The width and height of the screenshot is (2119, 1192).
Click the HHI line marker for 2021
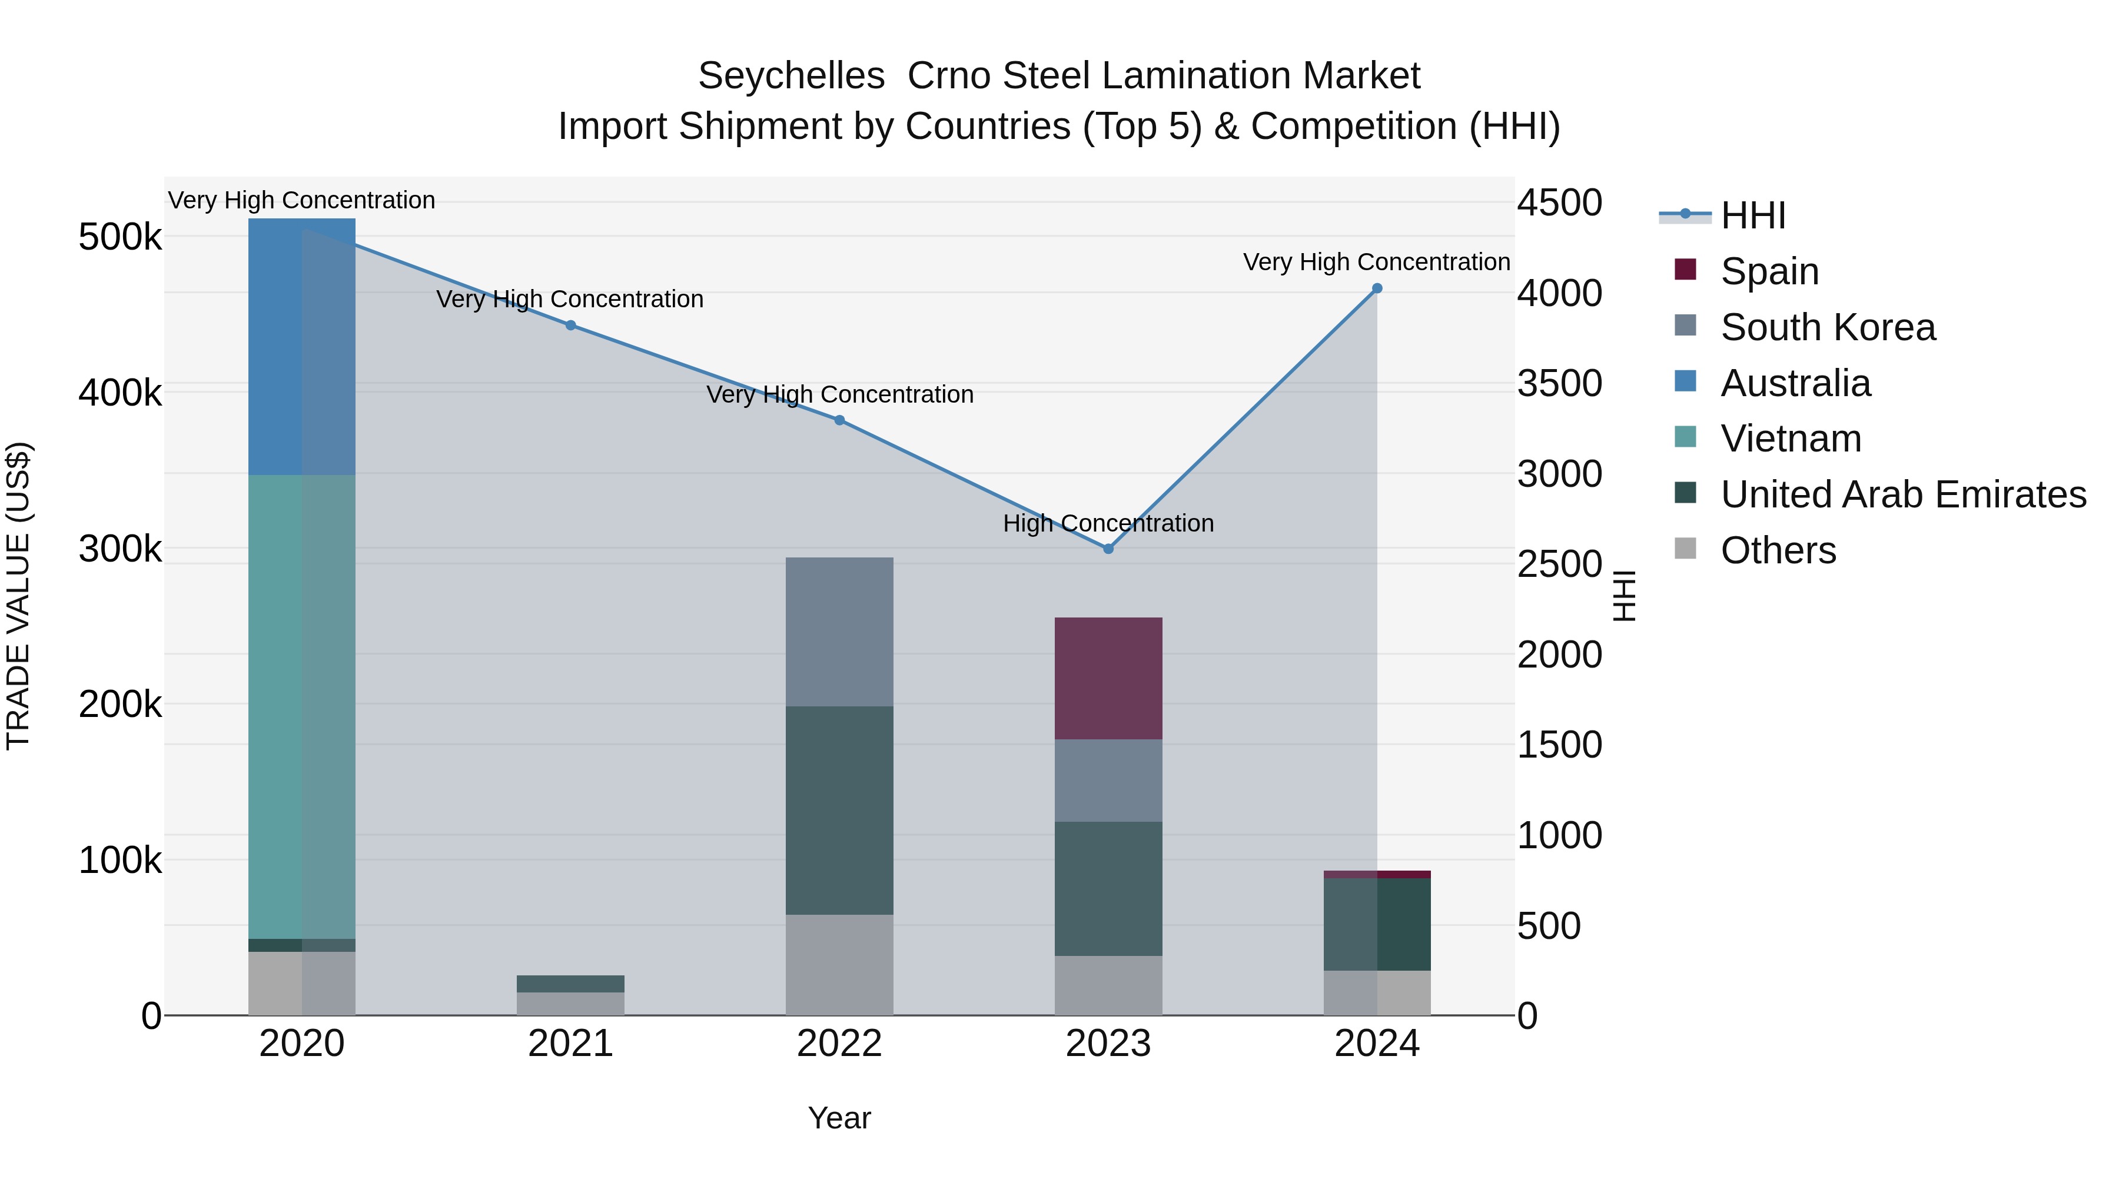coord(571,325)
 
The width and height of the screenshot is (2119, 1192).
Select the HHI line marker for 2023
coord(1108,549)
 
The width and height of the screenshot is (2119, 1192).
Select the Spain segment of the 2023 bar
coord(1108,679)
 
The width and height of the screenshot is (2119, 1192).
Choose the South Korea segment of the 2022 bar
coord(839,632)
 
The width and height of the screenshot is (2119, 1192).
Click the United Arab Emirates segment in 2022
coord(839,811)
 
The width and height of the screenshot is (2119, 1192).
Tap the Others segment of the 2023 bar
coord(1108,985)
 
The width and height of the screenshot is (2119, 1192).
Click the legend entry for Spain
coord(1769,271)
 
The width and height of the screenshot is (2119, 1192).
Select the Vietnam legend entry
coord(1790,439)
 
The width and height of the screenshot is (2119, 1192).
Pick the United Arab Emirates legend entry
coord(1902,494)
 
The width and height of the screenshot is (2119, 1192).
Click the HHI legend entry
coord(1752,215)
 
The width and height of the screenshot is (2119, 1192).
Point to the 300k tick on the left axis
coord(120,549)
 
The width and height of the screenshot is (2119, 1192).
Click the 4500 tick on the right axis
coord(1559,202)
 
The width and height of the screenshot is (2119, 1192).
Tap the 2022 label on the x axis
coord(839,1044)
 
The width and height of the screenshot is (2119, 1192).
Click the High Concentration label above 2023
coord(1108,523)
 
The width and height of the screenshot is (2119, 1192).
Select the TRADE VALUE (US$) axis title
coord(18,596)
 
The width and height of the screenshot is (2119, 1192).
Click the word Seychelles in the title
coord(791,76)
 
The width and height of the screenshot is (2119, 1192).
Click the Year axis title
coord(839,1118)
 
